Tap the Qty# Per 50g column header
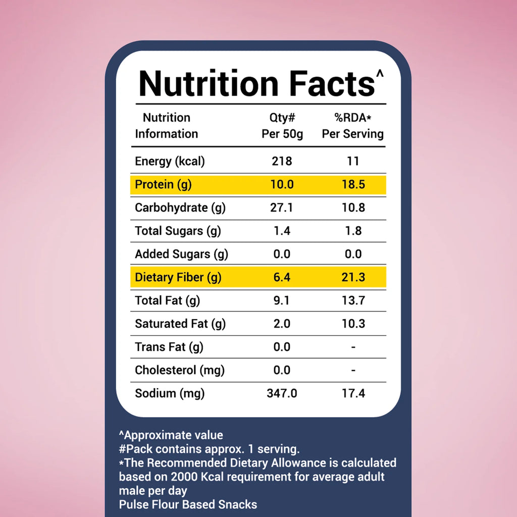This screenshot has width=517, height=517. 282,126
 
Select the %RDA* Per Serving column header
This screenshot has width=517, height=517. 353,126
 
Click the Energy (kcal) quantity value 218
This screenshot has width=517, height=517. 282,161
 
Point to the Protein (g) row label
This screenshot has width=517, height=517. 163,185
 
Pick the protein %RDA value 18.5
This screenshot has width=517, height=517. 353,184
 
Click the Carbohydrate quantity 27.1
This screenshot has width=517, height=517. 281,208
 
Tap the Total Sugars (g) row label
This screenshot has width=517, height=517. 178,231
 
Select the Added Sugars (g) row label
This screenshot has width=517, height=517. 181,254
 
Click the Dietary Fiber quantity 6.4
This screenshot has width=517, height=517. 282,277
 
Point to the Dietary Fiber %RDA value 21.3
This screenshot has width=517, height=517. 353,277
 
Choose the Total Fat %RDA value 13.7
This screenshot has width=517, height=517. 353,300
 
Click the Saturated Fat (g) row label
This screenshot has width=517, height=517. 180,324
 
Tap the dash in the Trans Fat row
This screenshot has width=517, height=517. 353,347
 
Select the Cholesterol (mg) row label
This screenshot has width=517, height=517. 180,370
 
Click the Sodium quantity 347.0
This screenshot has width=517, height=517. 282,393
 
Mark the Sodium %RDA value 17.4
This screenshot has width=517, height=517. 353,393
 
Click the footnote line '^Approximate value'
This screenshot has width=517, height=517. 171,435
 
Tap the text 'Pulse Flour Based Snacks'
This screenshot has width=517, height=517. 188,504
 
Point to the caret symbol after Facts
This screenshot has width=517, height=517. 380,73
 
